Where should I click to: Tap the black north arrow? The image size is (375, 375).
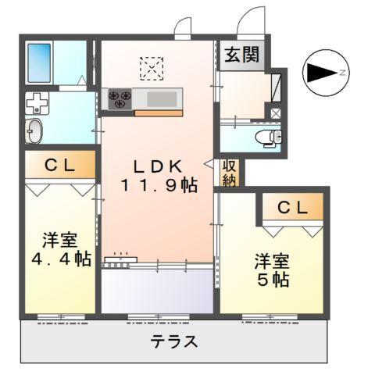(x=320, y=73)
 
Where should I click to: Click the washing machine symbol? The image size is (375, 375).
(x=36, y=105)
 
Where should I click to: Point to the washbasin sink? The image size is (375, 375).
(x=37, y=131)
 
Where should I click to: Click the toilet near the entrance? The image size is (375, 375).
(x=268, y=138)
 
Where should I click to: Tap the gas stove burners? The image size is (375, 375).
(x=120, y=98)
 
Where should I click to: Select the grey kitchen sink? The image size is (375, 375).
(x=162, y=99)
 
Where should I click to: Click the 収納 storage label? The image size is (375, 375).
(x=230, y=173)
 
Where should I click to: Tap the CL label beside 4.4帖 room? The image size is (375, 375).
(x=59, y=165)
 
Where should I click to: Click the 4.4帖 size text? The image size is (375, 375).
(x=59, y=259)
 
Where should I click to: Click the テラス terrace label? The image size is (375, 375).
(x=173, y=341)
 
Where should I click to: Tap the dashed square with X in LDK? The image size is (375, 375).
(x=150, y=68)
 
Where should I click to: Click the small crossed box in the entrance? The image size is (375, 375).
(x=275, y=112)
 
